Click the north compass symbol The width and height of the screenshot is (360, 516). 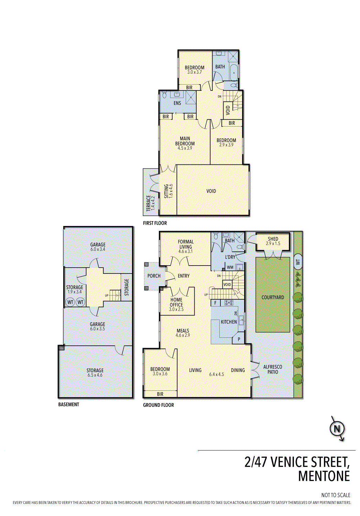click(337, 429)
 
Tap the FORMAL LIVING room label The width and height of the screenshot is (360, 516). click(186, 244)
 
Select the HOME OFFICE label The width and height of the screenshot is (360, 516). click(176, 302)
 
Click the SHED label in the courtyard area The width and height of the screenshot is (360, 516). click(273, 239)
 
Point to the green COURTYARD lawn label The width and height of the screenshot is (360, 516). click(273, 297)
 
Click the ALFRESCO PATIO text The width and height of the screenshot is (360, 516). click(273, 369)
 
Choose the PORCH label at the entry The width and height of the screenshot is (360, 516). click(154, 276)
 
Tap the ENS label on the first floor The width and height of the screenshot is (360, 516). click(177, 103)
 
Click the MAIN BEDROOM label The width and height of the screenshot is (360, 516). click(185, 141)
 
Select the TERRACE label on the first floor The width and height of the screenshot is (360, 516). click(149, 203)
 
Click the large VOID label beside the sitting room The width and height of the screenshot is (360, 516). click(211, 191)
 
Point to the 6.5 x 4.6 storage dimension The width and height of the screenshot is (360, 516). click(95, 375)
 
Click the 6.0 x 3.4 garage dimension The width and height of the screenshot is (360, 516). click(98, 249)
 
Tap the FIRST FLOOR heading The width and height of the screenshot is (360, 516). click(155, 223)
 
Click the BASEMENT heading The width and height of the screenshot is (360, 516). click(68, 405)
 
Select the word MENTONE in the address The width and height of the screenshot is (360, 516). click(324, 476)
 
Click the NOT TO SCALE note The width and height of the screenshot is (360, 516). click(336, 495)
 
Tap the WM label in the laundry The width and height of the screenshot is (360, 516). click(230, 267)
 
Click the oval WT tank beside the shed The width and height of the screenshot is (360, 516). click(298, 262)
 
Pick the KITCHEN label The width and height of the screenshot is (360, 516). click(229, 322)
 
